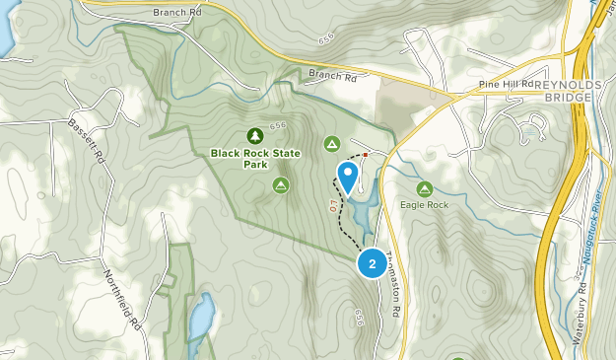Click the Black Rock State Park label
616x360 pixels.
(254, 158)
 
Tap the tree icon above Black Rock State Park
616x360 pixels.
(254, 135)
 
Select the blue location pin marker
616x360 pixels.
(347, 177)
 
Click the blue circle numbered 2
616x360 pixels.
(371, 263)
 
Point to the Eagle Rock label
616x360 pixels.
(424, 205)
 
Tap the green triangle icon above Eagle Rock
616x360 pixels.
(424, 188)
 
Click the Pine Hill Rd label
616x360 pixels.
(498, 86)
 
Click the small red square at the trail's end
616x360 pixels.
(365, 155)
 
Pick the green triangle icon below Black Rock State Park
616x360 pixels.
(281, 184)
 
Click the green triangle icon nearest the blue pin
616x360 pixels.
(332, 145)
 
